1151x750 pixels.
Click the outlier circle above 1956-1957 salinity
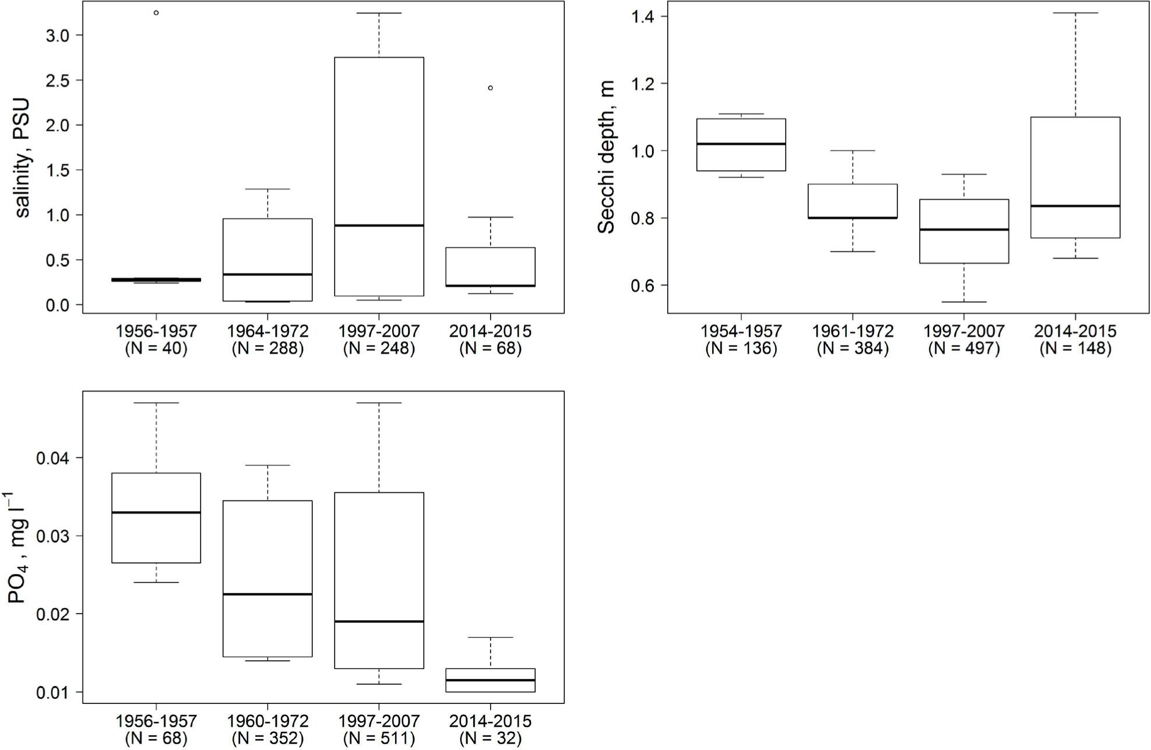coord(156,13)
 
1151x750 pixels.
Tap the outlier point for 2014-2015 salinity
coord(490,88)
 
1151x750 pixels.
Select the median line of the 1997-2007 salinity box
coord(379,225)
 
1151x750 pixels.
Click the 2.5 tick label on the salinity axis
coord(57,80)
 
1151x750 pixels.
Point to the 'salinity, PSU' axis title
coord(22,158)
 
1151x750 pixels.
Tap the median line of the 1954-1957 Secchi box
coord(741,143)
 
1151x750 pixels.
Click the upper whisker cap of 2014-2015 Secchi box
coord(1075,13)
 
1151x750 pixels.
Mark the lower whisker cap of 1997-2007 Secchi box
coord(964,302)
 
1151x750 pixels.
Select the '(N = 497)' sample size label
coord(964,348)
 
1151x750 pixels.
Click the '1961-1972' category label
coord(853,331)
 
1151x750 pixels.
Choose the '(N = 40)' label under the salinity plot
coord(156,348)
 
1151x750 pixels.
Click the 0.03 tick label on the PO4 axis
coord(52,536)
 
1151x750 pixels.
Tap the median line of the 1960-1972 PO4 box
coord(267,594)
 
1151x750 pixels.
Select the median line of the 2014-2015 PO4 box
coord(490,679)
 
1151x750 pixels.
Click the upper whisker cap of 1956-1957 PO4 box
coord(156,403)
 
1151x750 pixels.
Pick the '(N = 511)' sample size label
coord(379,738)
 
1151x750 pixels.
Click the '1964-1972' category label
coord(267,331)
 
